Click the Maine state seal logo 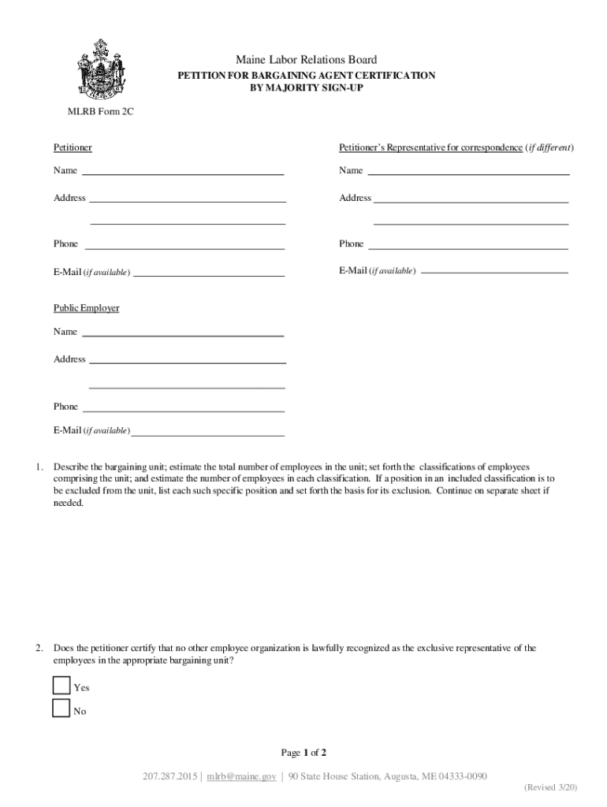point(99,69)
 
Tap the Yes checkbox point(61,686)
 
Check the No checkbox point(61,708)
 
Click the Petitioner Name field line point(183,173)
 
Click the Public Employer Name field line point(183,335)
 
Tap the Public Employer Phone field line point(183,411)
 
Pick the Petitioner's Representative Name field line point(468,173)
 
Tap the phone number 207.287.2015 point(170,776)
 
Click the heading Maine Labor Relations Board point(307,60)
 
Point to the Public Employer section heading point(86,308)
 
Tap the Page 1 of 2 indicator point(303,752)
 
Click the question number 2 point(39,648)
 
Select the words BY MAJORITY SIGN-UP point(307,87)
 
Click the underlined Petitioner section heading point(73,147)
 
